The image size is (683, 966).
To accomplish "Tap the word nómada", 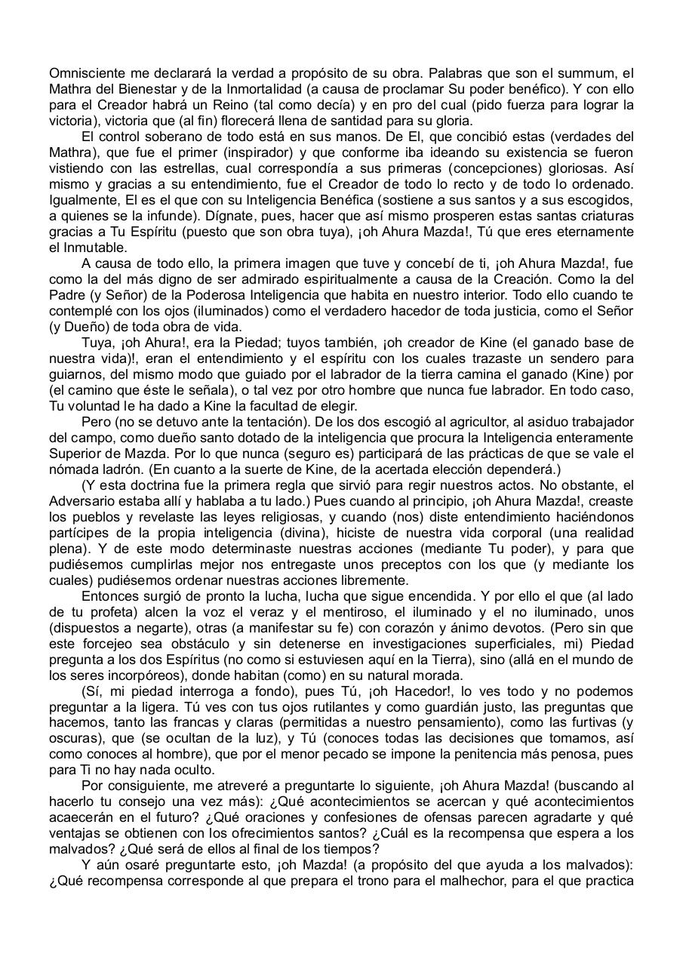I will point(72,469).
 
